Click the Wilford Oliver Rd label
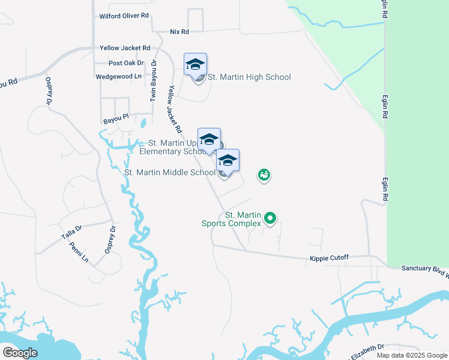tap(124, 16)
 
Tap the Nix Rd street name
tap(179, 31)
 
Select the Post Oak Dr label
tap(126, 63)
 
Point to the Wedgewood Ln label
tap(118, 77)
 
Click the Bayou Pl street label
tap(116, 120)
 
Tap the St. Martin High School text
tap(249, 77)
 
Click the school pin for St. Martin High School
tap(195, 64)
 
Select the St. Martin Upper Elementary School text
tap(173, 147)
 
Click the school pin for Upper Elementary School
tap(209, 139)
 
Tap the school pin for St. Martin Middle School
tap(228, 160)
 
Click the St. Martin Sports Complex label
tap(243, 219)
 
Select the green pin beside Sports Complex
tap(270, 219)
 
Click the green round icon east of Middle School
tap(264, 175)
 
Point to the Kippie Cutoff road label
tap(328, 258)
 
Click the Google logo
tap(20, 353)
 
